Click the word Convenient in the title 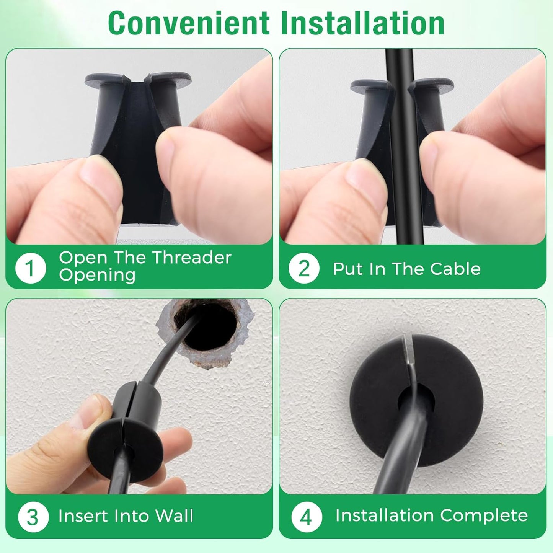[189, 23]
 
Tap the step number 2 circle [304, 268]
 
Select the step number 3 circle [33, 517]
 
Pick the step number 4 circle [306, 517]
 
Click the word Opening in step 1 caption [97, 275]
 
